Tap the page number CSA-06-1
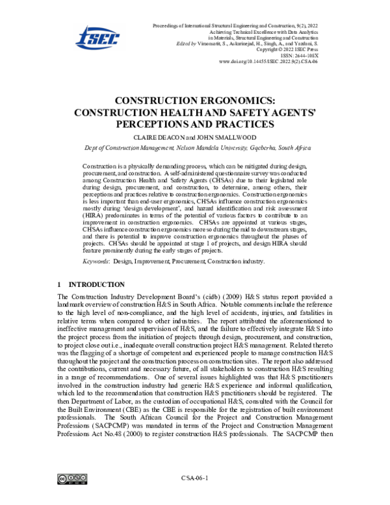tap(194, 479)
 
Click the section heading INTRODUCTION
tap(97, 284)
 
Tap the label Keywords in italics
tap(96, 261)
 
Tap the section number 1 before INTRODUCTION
tap(59, 284)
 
